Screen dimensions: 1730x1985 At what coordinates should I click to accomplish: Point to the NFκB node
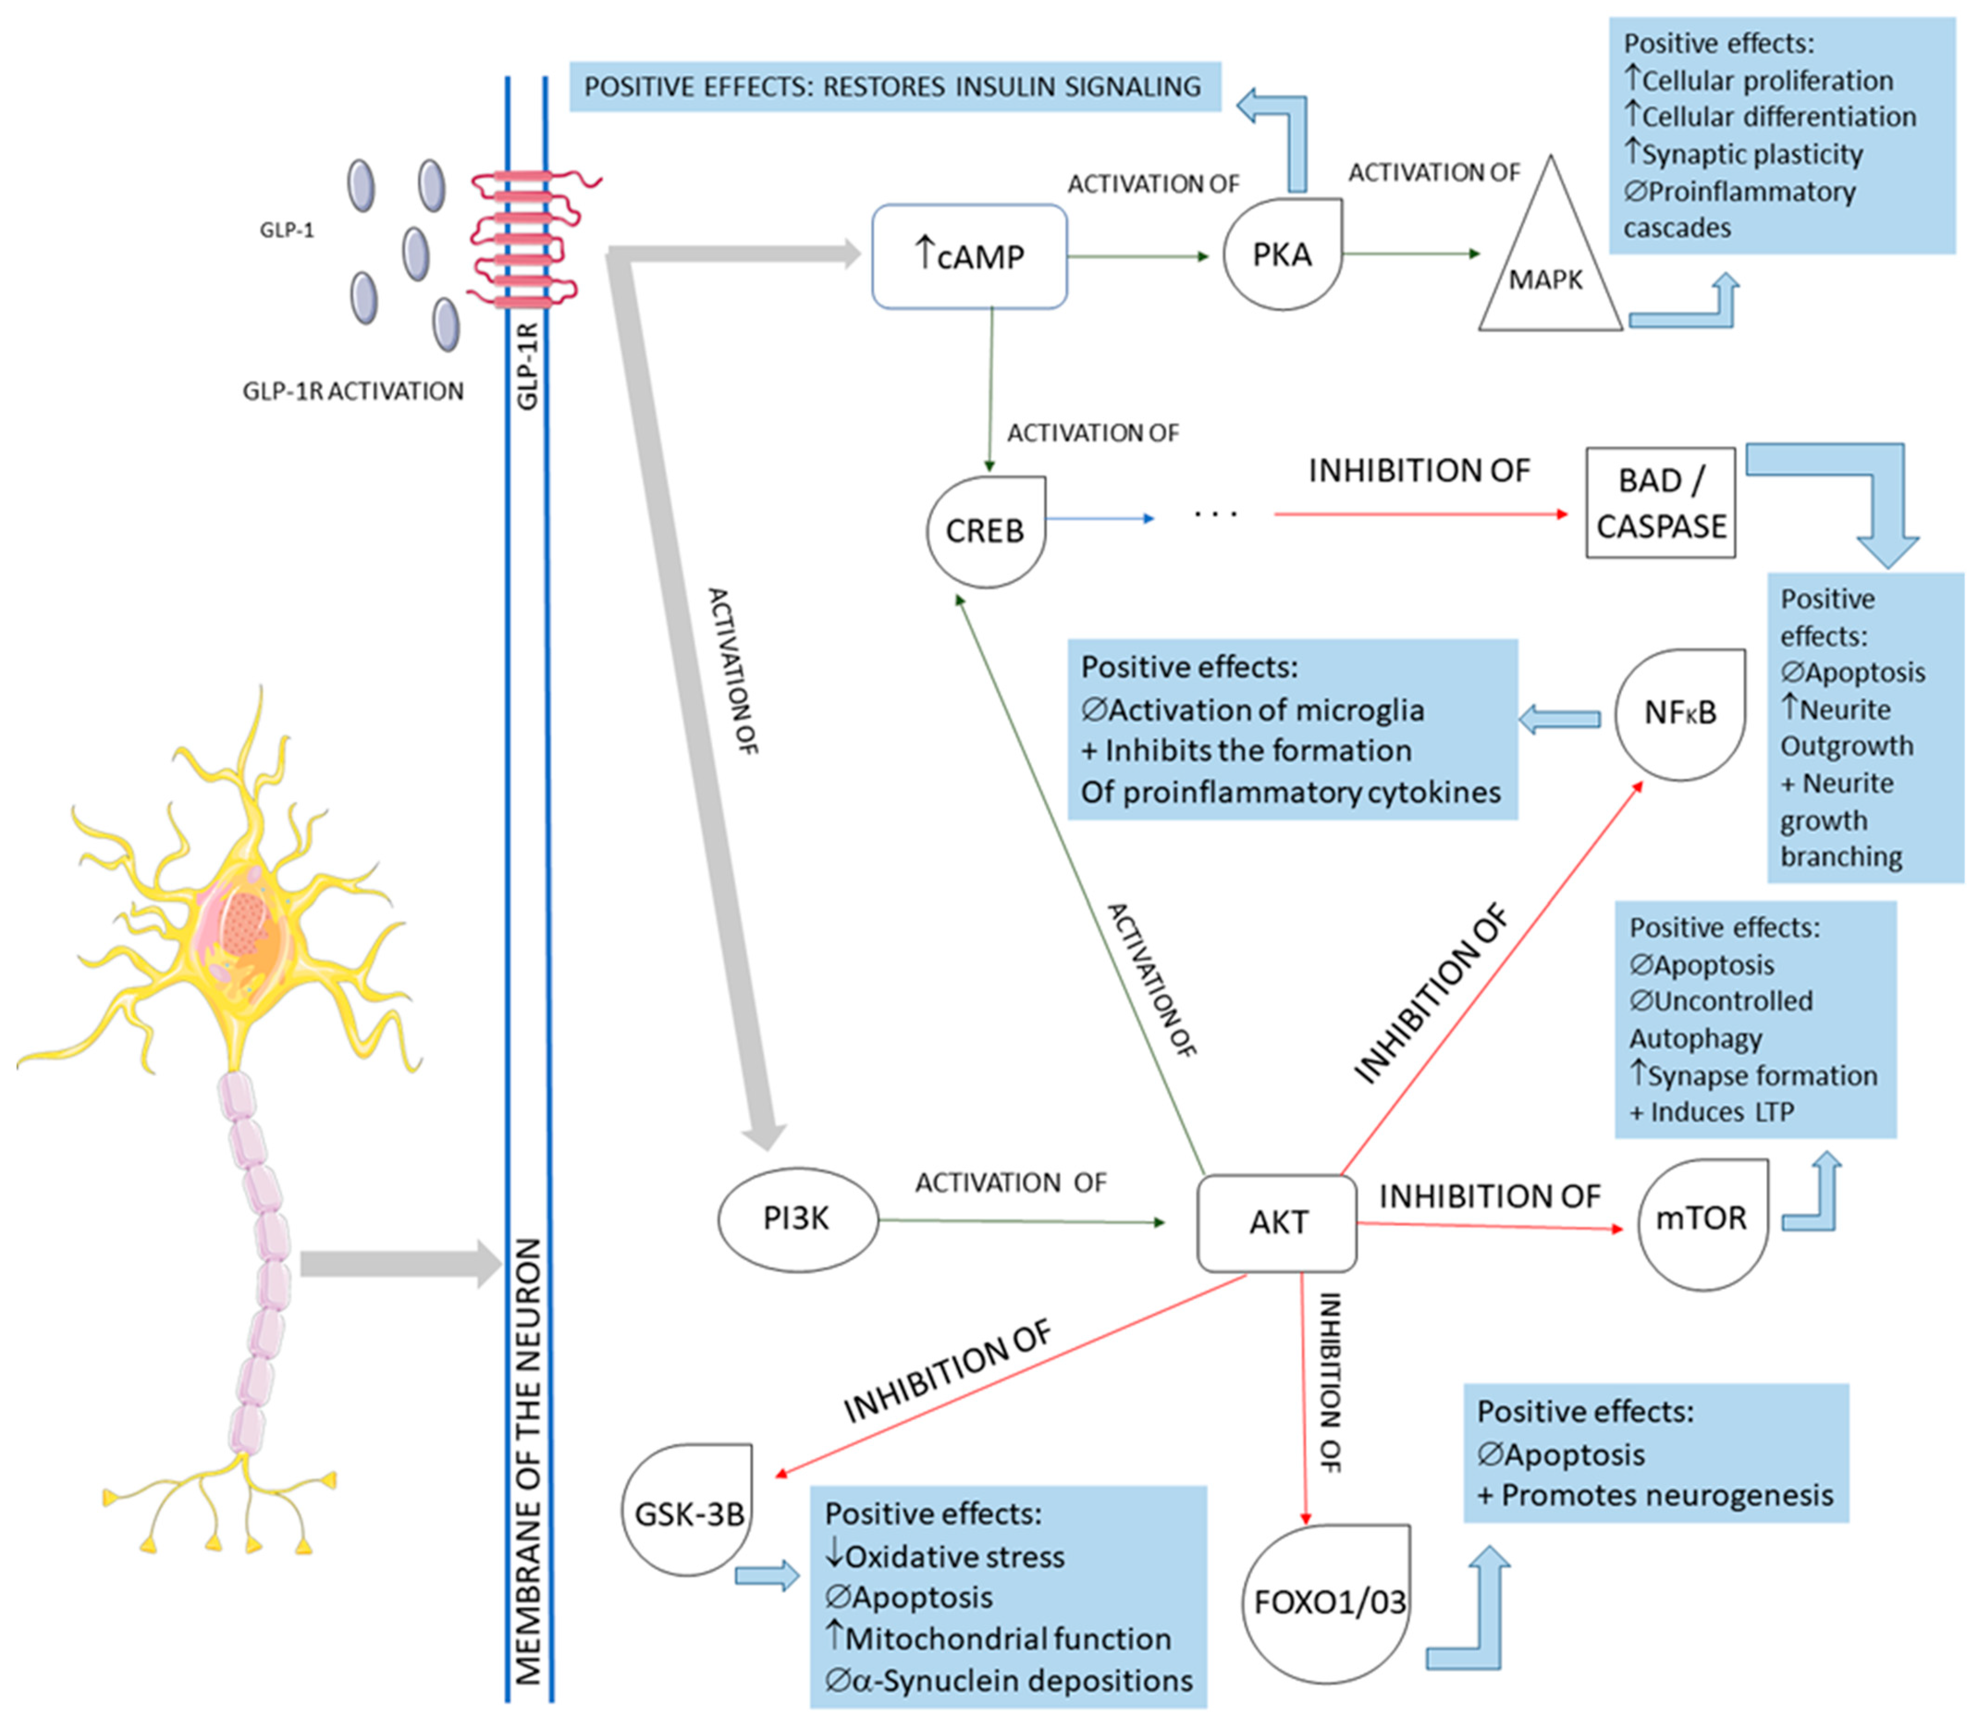(1680, 712)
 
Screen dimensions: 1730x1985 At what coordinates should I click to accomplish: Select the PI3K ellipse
(798, 1219)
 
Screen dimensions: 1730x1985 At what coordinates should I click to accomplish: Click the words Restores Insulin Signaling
(1012, 87)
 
